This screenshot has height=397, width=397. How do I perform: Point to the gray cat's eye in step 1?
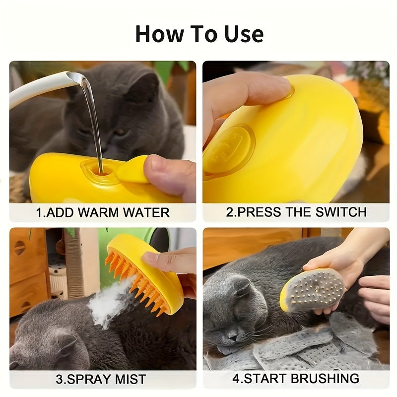121,132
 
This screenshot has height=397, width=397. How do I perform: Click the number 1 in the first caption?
39,213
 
